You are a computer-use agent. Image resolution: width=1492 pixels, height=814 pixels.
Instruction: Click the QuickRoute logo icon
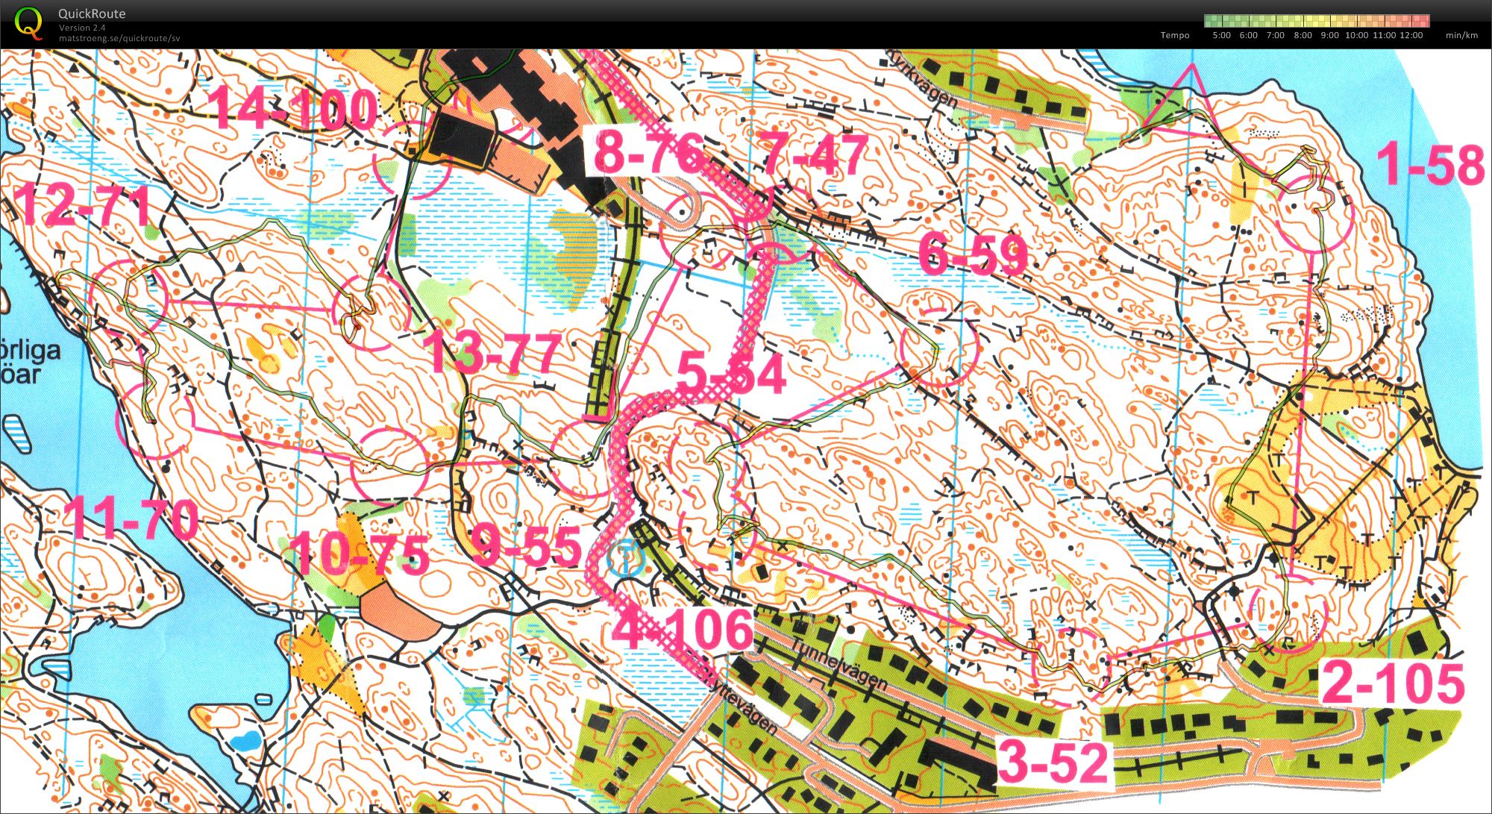point(28,22)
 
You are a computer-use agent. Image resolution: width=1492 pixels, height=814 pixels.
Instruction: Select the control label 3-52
point(1053,763)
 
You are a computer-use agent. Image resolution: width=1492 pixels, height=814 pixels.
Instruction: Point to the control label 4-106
point(683,628)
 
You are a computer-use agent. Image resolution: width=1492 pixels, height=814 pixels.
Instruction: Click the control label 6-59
point(973,255)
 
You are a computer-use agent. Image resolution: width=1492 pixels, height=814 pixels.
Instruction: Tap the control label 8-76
point(648,154)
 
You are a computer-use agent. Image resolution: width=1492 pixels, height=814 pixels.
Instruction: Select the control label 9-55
point(527,546)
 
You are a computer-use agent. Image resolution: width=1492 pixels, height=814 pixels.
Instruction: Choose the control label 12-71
point(84,205)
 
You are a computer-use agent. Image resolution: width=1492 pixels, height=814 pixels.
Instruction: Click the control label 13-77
point(492,353)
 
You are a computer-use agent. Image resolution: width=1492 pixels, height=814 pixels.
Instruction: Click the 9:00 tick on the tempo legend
point(1329,35)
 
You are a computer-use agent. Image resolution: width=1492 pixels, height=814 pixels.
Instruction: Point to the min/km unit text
point(1461,35)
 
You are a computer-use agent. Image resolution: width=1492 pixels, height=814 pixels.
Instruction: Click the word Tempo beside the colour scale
point(1175,35)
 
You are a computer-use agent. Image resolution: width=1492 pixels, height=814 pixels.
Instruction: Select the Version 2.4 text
point(82,28)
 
